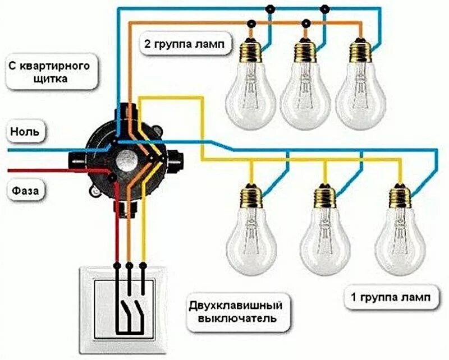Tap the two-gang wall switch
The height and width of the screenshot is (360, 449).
(x=129, y=311)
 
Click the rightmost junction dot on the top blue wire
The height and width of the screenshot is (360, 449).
(x=324, y=8)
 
